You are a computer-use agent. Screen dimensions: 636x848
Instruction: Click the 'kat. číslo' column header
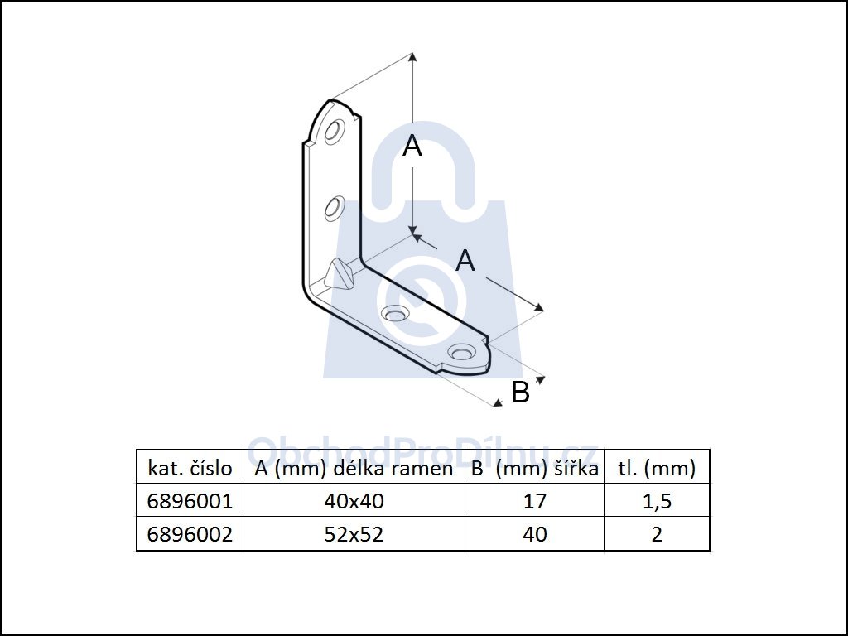[190, 468]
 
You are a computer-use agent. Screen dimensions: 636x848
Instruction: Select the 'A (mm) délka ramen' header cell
[354, 468]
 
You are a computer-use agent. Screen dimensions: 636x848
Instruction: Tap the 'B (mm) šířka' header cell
[534, 468]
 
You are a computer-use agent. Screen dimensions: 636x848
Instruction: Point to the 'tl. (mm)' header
[657, 468]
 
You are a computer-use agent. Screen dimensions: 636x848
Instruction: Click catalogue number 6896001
[190, 501]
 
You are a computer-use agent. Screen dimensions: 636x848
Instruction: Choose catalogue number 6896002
[190, 534]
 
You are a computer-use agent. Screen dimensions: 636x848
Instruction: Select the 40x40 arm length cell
[354, 501]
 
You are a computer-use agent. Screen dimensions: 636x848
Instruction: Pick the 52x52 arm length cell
[354, 534]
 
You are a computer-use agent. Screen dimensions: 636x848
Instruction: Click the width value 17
[535, 501]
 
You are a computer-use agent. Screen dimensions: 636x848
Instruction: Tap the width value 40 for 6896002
[535, 534]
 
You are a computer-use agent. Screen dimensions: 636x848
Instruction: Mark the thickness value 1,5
[657, 501]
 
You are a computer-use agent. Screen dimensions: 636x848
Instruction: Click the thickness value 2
[657, 534]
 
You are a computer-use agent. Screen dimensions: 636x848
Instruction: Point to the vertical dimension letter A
[412, 147]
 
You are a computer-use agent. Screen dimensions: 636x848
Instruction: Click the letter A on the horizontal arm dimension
[466, 261]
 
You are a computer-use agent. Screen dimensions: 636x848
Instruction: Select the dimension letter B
[520, 393]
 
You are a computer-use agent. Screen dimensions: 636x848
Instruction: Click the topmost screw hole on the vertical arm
[335, 132]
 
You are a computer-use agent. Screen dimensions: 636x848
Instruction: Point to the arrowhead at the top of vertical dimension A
[412, 58]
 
